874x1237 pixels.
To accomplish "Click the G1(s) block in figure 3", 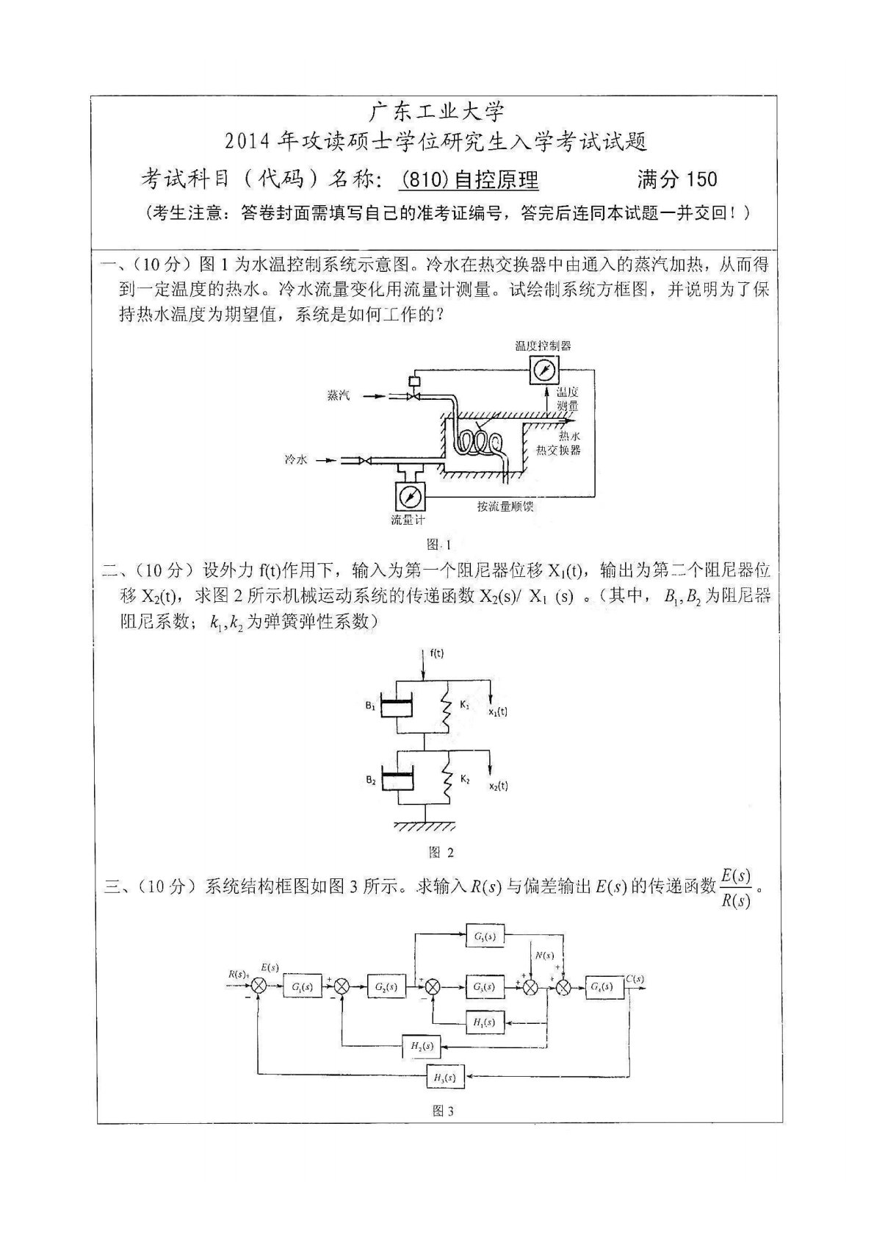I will (302, 987).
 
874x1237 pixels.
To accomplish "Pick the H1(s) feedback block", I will (485, 1022).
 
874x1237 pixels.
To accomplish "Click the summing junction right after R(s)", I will (258, 987).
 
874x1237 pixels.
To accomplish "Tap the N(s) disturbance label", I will (544, 955).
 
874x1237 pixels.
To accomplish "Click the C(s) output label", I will (635, 978).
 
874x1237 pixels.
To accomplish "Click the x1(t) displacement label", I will (498, 711).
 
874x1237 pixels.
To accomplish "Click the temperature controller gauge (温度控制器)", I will (543, 369).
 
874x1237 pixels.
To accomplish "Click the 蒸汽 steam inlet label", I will (339, 395).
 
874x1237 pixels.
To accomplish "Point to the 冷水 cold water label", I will (295, 459).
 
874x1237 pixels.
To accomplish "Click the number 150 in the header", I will (701, 179).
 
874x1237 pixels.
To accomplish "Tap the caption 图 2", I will (441, 852).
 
